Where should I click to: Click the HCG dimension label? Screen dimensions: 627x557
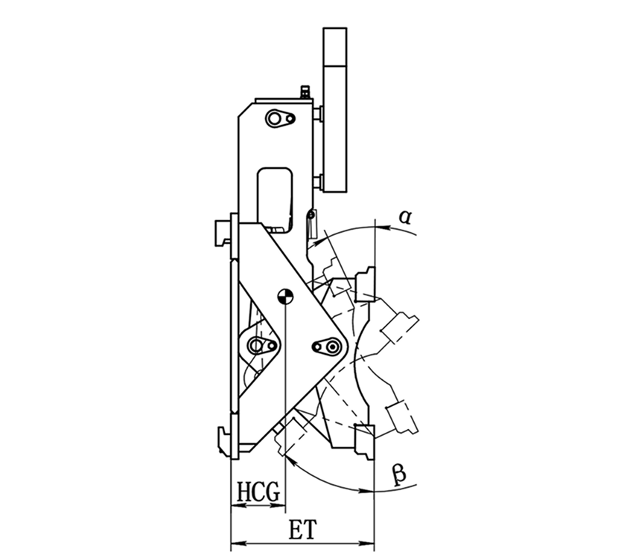pyautogui.click(x=258, y=491)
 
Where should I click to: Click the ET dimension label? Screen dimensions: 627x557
pyautogui.click(x=303, y=529)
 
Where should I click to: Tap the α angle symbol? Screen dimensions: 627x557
pyautogui.click(x=405, y=217)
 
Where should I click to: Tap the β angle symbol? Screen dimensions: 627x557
pyautogui.click(x=399, y=474)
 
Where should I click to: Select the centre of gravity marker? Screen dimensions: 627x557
pyautogui.click(x=285, y=296)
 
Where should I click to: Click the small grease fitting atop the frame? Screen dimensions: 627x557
pyautogui.click(x=305, y=91)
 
